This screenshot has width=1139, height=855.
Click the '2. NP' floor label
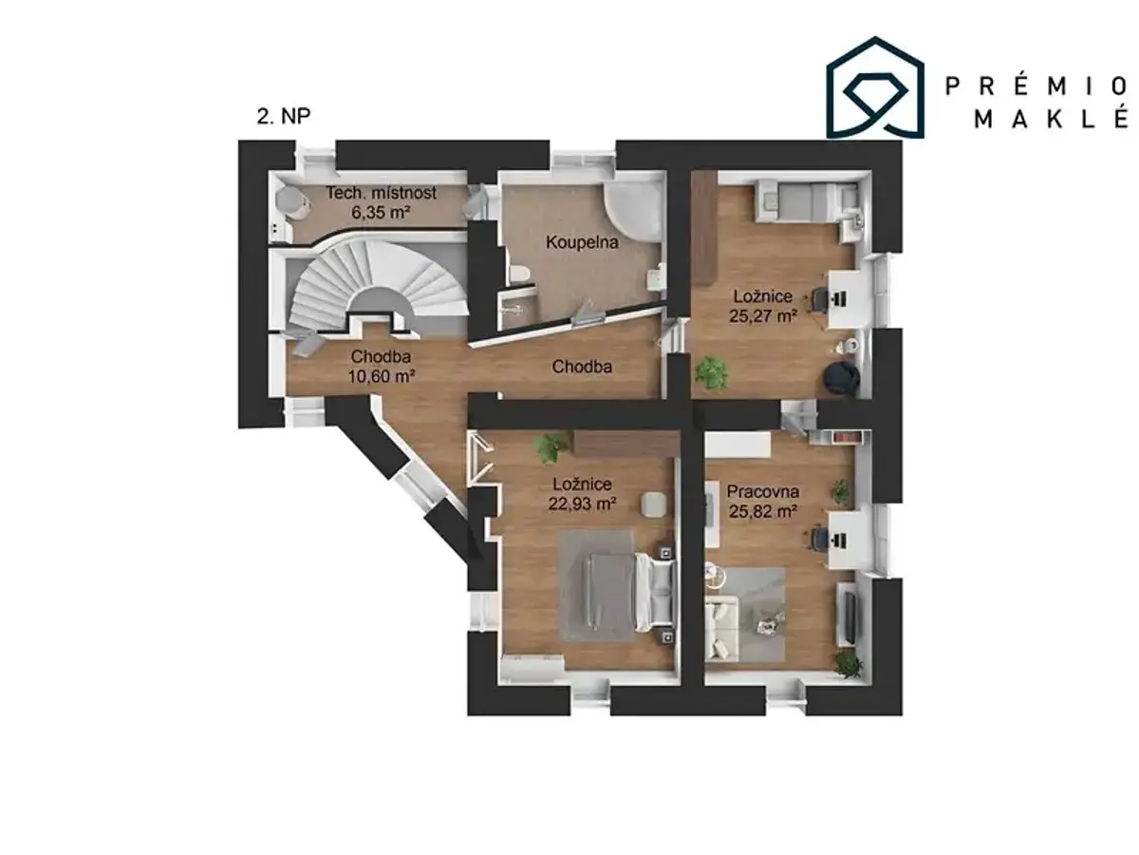tap(283, 116)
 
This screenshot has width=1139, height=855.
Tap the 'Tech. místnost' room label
tap(381, 193)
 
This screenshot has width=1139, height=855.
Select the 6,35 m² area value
tap(381, 212)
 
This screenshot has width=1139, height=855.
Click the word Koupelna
tap(582, 242)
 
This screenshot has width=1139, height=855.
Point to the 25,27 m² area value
tap(762, 315)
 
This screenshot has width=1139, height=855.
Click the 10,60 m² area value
tap(381, 376)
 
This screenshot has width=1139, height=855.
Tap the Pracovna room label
tap(762, 491)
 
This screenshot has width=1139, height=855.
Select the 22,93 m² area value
tap(582, 503)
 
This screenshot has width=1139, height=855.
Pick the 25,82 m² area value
tap(762, 511)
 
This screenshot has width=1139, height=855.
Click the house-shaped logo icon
tap(875, 88)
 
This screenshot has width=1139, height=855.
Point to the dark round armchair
tap(841, 378)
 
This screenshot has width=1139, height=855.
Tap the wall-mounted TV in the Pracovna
tap(850, 617)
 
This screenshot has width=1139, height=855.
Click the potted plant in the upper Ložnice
tap(712, 372)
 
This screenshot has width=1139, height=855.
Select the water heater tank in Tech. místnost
tap(289, 203)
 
